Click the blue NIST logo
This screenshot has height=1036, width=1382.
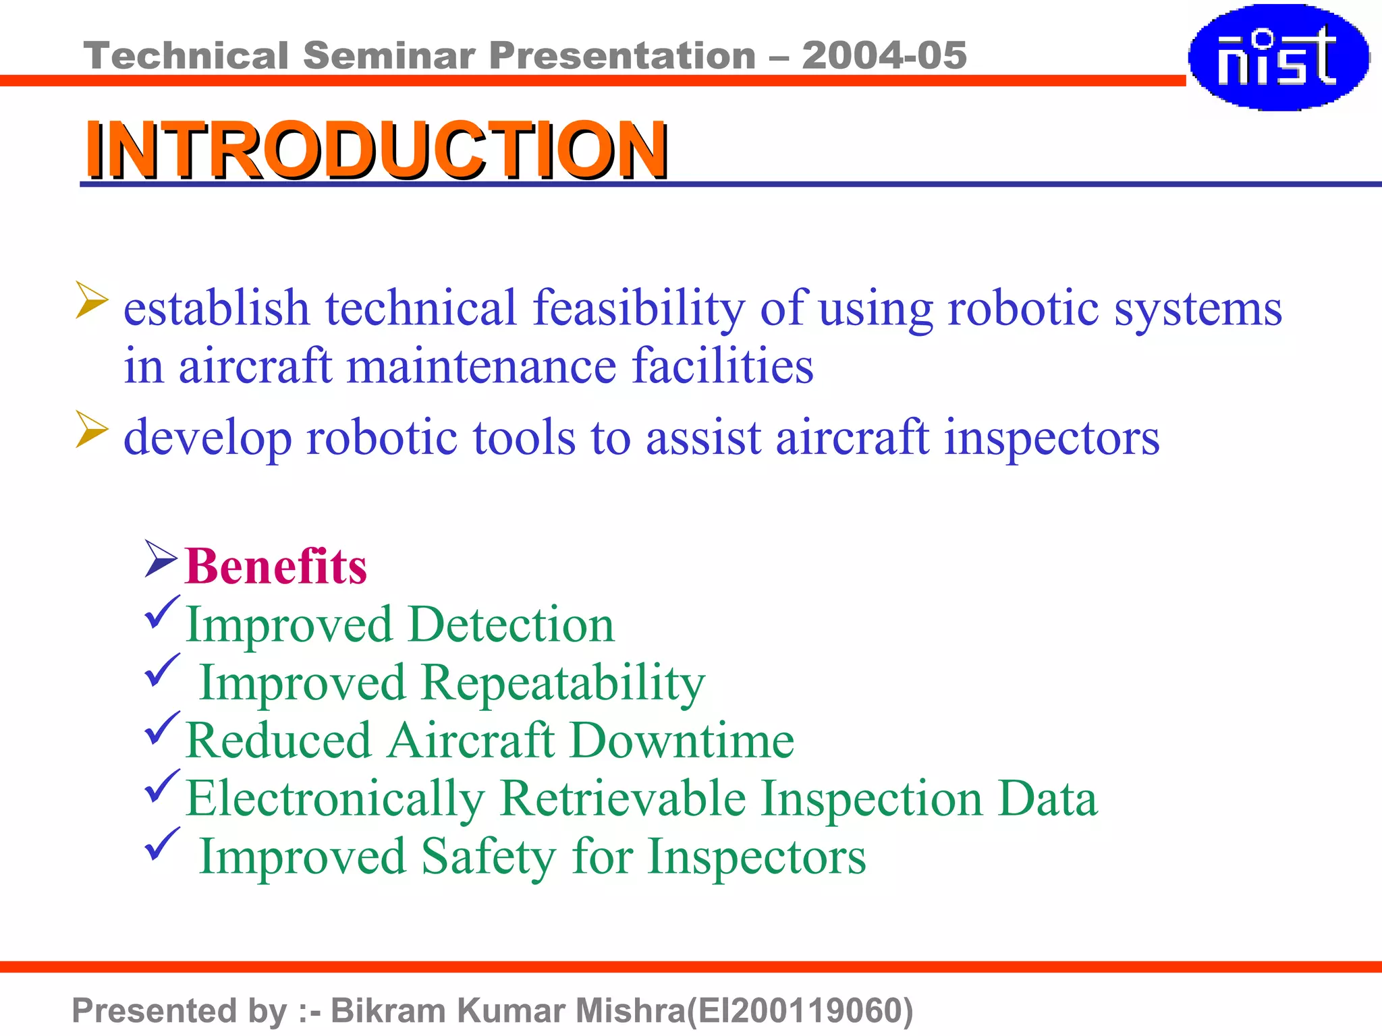1277,57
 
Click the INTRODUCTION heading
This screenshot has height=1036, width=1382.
376,150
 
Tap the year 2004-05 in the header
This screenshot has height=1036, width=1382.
884,55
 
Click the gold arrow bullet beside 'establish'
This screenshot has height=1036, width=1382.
91,299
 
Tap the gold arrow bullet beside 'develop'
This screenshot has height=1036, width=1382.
91,428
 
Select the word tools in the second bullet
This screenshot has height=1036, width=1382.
524,438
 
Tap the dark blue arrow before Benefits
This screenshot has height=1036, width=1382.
161,558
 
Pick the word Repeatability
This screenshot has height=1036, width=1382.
563,683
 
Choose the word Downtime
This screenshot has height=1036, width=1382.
682,741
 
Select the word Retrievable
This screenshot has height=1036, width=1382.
623,799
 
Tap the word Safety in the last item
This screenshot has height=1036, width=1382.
489,857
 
